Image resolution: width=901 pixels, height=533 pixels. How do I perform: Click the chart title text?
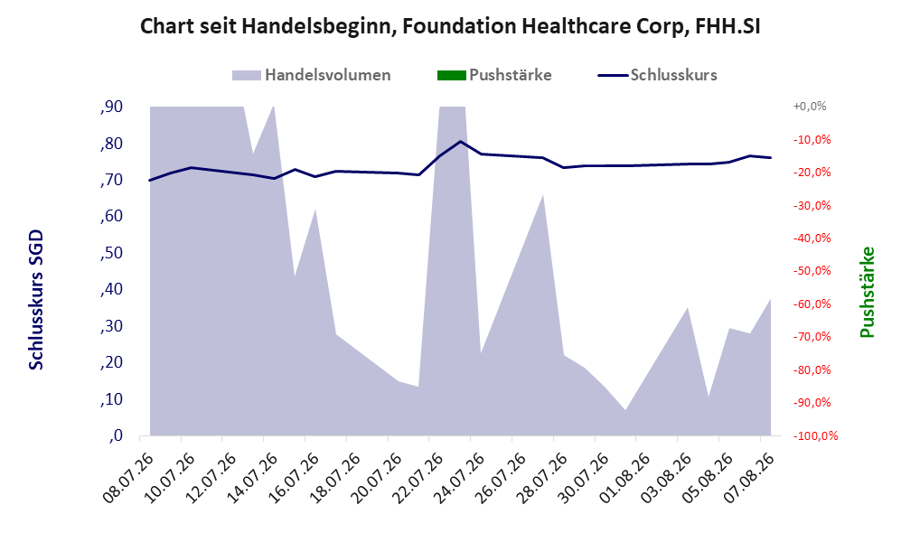(x=450, y=26)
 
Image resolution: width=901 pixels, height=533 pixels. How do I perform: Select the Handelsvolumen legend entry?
(x=312, y=75)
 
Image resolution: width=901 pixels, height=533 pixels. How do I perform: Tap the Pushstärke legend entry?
(x=494, y=75)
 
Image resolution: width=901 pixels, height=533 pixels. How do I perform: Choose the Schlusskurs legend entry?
(x=657, y=75)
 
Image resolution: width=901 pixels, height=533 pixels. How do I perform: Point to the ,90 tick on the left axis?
(x=111, y=107)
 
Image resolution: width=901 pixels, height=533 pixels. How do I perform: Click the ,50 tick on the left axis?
(x=111, y=253)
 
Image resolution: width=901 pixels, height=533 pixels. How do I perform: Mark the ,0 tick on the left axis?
(x=115, y=436)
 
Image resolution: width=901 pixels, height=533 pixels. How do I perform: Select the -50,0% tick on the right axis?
(x=812, y=271)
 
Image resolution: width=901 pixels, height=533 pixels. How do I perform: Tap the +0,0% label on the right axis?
(x=810, y=107)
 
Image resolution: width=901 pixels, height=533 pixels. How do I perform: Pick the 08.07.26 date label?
(x=130, y=478)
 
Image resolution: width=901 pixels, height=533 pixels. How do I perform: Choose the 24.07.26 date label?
(x=461, y=478)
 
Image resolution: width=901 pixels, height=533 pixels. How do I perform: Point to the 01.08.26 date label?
(x=626, y=478)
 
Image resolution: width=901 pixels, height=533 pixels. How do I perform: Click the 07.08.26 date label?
(x=750, y=478)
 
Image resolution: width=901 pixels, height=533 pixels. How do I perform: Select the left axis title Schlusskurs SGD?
(x=35, y=300)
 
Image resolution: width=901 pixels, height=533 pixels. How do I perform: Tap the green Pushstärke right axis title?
(x=867, y=292)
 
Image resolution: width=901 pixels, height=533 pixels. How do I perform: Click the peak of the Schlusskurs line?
(x=460, y=141)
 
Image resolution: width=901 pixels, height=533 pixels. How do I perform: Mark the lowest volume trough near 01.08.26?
(x=625, y=410)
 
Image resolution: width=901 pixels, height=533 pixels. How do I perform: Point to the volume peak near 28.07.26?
(x=543, y=195)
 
